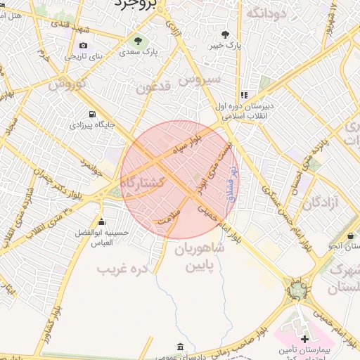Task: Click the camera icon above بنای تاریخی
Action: [84, 46]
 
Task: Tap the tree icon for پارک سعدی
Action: [138, 39]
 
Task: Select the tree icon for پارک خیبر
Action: [225, 34]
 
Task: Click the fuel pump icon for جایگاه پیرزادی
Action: [91, 114]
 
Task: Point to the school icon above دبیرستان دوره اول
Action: [243, 95]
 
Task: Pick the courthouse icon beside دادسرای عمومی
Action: [181, 347]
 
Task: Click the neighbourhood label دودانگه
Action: [266, 13]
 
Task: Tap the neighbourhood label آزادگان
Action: [321, 204]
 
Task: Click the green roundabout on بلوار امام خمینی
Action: [298, 288]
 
